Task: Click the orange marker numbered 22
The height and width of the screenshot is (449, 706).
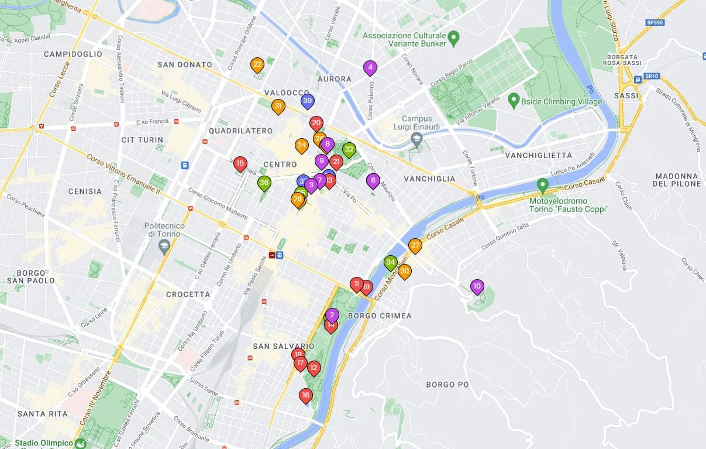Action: point(257,65)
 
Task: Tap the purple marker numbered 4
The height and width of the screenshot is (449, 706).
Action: point(370,68)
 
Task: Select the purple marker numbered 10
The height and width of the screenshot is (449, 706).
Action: point(477,287)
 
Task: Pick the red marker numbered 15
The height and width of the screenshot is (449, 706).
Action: point(240,164)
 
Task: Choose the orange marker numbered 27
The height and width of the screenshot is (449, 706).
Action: point(415,246)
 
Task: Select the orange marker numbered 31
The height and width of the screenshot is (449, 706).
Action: point(278,107)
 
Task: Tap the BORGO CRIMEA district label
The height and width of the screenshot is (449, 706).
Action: point(380,316)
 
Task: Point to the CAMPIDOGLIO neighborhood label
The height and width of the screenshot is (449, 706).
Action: point(73,54)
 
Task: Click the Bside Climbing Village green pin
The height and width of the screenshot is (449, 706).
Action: point(514,100)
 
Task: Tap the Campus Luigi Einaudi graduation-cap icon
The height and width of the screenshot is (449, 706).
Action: point(416,139)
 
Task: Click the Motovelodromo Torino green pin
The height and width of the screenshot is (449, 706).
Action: point(542,185)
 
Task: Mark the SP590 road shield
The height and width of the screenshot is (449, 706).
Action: point(655,22)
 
